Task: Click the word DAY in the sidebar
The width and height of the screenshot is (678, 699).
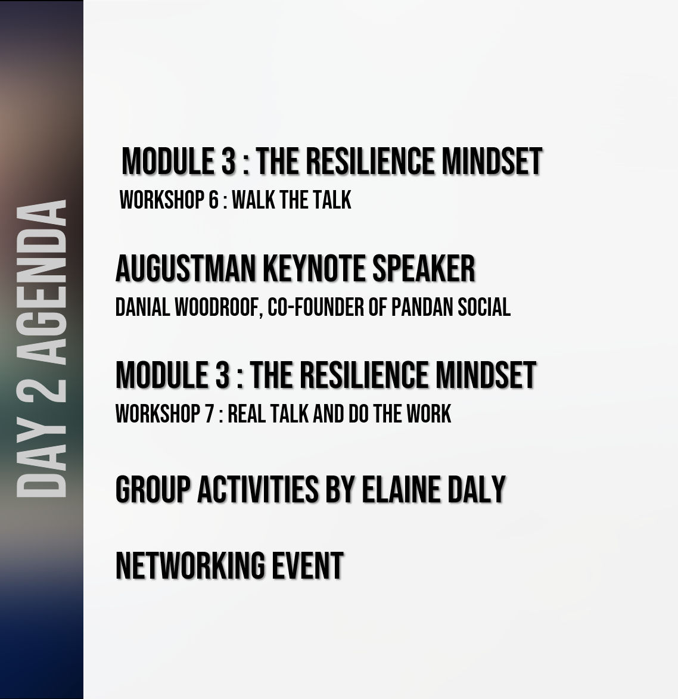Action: point(41,462)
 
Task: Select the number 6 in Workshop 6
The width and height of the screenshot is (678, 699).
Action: point(214,200)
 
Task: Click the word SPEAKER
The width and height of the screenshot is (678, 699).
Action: point(424,268)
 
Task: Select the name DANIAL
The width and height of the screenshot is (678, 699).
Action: point(142,307)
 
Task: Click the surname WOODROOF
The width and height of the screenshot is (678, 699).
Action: point(218,307)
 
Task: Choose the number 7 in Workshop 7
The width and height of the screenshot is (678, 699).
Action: point(210,414)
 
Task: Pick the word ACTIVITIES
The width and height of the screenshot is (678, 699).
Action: point(258,489)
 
